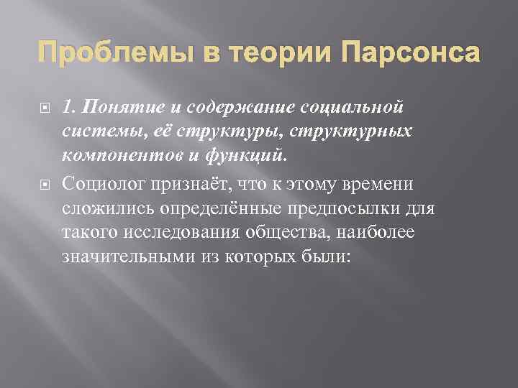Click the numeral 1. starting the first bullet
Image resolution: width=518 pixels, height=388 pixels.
click(69, 108)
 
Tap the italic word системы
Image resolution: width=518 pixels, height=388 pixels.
click(96, 132)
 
